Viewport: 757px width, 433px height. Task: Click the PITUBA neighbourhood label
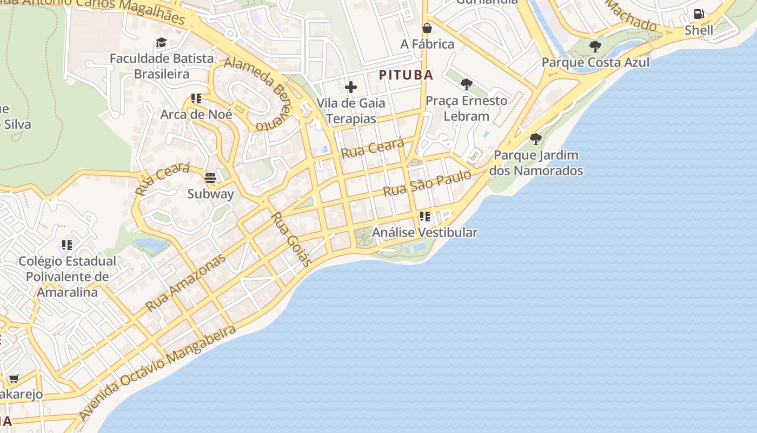406,75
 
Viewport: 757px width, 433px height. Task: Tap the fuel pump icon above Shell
699,14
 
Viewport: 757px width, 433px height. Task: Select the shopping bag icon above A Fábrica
427,28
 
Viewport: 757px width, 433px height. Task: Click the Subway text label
210,194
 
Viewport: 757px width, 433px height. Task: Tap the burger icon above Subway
210,178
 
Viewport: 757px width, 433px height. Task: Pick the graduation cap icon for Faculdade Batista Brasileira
161,43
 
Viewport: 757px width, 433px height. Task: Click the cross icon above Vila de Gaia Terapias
351,87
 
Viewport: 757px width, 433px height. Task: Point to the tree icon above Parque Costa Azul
595,47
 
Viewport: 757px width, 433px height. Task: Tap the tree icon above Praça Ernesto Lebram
466,84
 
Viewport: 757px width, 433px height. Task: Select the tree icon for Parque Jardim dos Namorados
536,139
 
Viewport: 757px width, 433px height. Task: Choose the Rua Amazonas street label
185,283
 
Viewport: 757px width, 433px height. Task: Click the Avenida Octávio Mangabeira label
157,372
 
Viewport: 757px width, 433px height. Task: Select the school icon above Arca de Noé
196,99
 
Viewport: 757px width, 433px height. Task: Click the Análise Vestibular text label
425,233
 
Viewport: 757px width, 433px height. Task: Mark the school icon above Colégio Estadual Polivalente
67,245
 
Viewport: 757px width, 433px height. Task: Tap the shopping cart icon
14,378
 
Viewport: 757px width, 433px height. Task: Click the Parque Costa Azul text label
595,62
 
